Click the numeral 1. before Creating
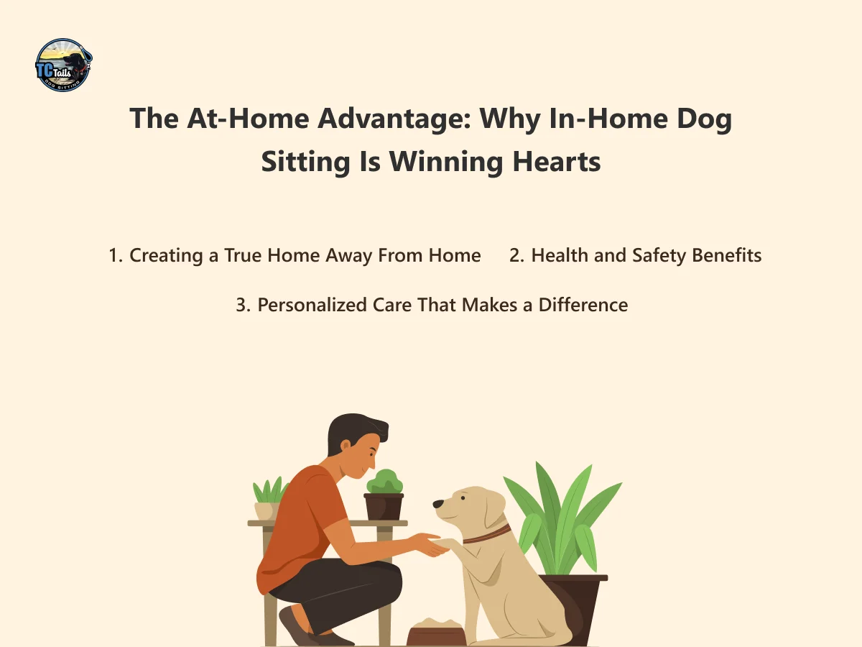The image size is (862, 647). [116, 255]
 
